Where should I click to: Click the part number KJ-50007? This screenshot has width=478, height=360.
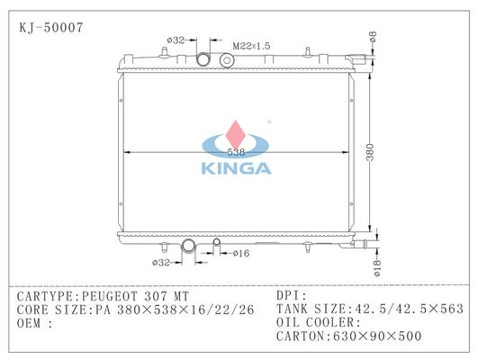pyautogui.click(x=51, y=27)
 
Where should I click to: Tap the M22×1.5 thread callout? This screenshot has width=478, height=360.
pyautogui.click(x=251, y=46)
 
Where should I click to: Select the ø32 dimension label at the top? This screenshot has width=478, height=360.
pyautogui.click(x=176, y=40)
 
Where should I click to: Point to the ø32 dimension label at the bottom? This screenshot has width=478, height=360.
pyautogui.click(x=161, y=262)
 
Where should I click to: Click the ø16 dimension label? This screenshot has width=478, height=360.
pyautogui.click(x=241, y=253)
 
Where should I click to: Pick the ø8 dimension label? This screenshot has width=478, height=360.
pyautogui.click(x=373, y=36)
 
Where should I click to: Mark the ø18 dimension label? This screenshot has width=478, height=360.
pyautogui.click(x=377, y=268)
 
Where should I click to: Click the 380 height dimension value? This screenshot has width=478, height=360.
pyautogui.click(x=369, y=152)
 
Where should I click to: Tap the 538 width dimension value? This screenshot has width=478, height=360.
pyautogui.click(x=236, y=152)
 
